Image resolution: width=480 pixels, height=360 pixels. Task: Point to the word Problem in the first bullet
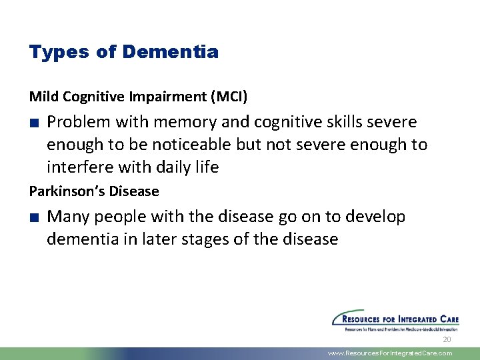coord(79,122)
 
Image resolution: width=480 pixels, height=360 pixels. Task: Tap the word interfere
coord(77,167)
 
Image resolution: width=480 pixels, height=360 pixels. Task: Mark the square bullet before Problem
coord(33,123)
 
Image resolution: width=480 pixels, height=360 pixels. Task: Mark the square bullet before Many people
coord(33,217)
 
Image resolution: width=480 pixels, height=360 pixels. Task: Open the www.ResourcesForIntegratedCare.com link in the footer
coord(390,353)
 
